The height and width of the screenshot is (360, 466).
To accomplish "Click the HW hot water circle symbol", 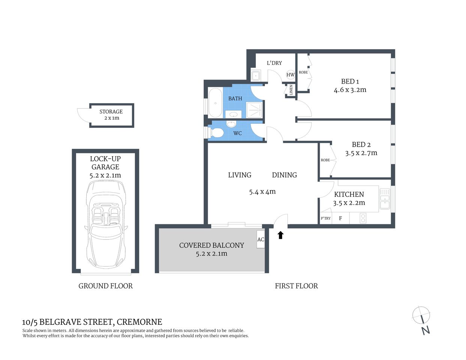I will [290, 75].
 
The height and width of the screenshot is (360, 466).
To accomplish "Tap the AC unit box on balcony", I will [261, 239].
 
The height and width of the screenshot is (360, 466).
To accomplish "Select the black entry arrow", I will [280, 235].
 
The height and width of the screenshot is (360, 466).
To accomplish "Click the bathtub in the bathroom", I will [215, 103].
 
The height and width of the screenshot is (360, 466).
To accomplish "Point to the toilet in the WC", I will [217, 133].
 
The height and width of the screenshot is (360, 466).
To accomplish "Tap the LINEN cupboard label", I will [291, 90].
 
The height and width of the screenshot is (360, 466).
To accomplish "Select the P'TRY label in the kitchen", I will [326, 218].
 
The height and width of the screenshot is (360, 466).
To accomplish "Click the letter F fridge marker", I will [340, 218].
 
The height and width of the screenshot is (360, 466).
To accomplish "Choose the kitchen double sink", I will [385, 198].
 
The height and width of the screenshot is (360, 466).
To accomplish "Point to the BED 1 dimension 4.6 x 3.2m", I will [350, 90].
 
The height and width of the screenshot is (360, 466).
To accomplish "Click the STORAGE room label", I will [111, 112].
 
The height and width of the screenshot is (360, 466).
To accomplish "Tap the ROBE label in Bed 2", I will [325, 160].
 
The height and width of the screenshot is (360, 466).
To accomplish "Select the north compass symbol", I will [421, 315].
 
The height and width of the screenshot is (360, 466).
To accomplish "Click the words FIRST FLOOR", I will [296, 286].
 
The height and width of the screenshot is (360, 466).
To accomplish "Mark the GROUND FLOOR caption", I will [105, 286].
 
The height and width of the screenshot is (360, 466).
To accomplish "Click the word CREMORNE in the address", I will [139, 322].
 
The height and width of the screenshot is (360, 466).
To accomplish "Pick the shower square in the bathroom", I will [254, 110].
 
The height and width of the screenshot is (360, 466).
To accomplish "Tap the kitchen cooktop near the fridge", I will [363, 218].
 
